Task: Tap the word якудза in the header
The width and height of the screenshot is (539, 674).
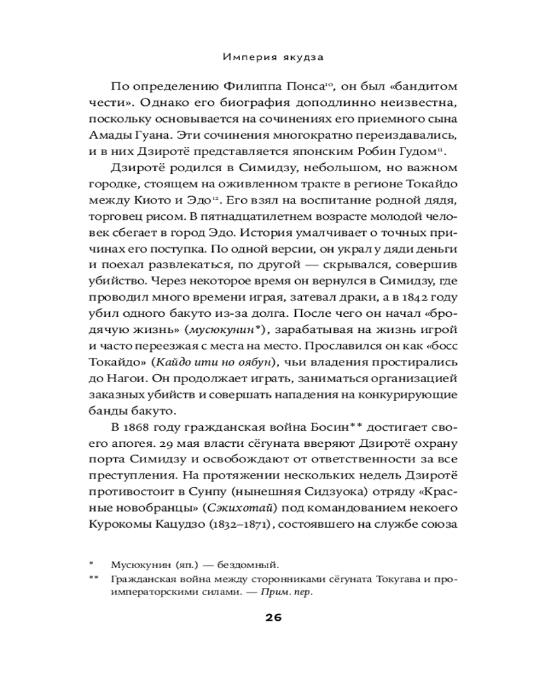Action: [303, 57]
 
